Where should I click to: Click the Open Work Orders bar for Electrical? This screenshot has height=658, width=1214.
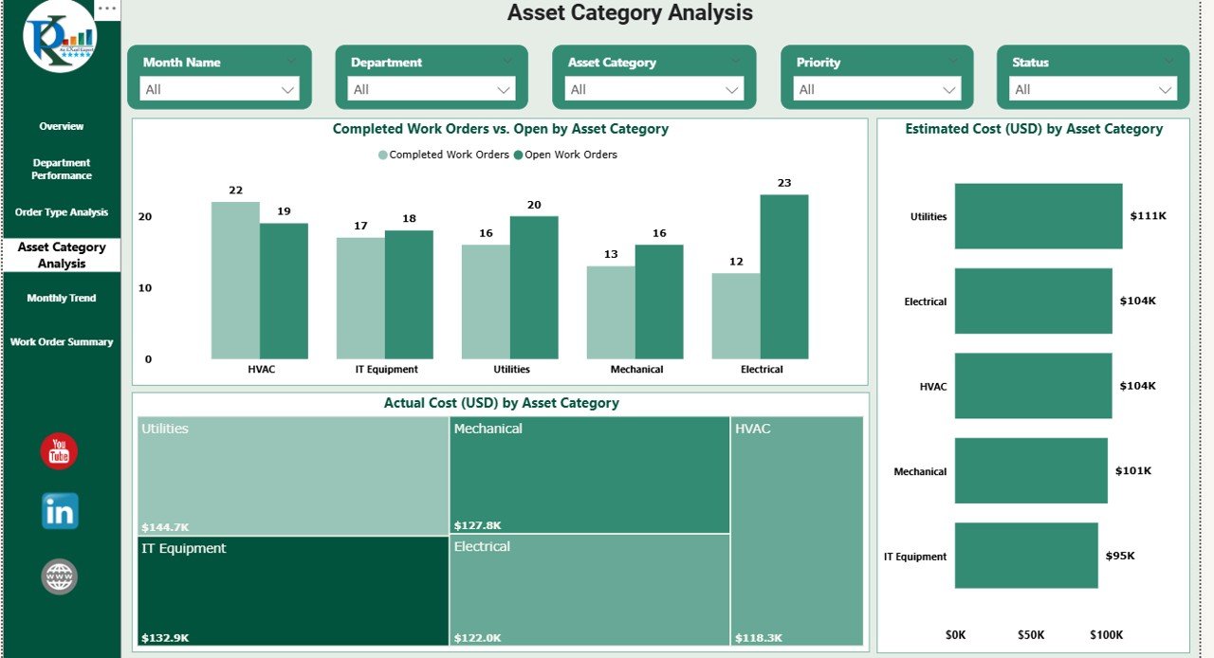(784, 277)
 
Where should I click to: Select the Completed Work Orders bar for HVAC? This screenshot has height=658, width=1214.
(235, 280)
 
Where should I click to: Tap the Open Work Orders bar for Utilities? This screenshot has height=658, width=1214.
(534, 287)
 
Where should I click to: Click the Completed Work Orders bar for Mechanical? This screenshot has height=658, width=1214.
(611, 312)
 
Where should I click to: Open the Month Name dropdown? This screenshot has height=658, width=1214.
(219, 89)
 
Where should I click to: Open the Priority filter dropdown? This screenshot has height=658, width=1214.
(877, 89)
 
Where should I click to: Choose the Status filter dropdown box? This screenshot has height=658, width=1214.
(1093, 89)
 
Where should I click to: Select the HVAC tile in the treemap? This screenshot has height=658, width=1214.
(797, 531)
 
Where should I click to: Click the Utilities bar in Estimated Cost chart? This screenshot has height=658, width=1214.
(1038, 216)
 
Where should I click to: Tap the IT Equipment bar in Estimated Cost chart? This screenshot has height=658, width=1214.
(1025, 556)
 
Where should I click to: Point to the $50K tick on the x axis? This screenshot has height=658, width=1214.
(1031, 634)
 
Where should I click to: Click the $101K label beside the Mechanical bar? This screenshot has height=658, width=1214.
(1132, 471)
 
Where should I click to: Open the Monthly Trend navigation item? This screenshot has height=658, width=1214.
(62, 299)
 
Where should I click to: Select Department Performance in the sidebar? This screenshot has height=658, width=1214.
(62, 169)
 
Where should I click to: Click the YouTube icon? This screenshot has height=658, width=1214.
(59, 451)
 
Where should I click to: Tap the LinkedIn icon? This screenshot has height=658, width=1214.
(60, 512)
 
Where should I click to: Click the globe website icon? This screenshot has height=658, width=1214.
(60, 576)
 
